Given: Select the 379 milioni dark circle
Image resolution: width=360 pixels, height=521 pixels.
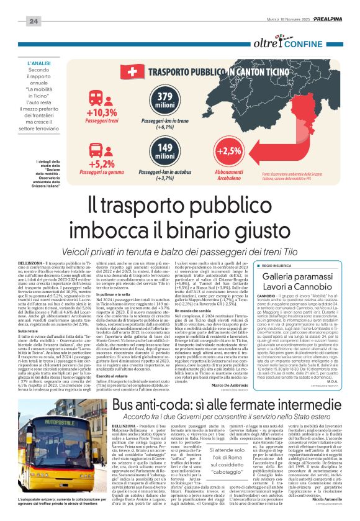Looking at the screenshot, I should coord(165,101).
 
